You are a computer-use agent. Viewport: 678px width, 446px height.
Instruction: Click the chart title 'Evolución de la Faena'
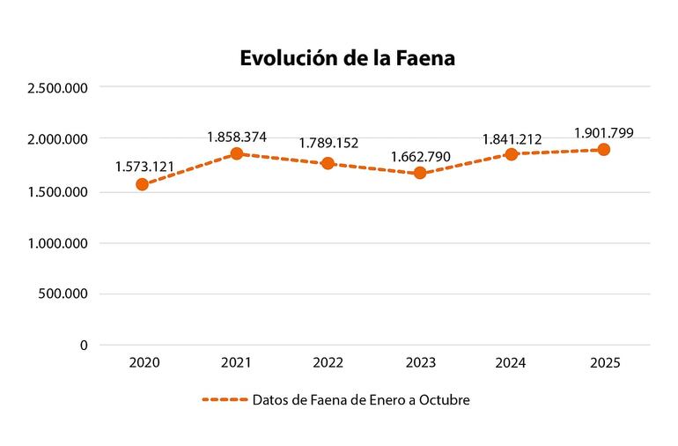pos(347,58)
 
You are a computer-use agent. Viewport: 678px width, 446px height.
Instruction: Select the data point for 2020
pos(142,184)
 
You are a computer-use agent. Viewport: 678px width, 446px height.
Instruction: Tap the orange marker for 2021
pos(236,153)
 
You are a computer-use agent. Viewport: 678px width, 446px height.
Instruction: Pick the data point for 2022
pos(328,163)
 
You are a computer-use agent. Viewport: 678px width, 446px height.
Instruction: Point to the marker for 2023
pos(420,173)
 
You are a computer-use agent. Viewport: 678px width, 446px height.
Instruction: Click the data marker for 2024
pos(512,154)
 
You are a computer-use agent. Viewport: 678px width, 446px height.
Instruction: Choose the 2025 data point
pos(604,149)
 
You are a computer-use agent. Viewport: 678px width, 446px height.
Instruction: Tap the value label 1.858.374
pos(237,137)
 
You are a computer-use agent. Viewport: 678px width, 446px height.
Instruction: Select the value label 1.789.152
pos(328,143)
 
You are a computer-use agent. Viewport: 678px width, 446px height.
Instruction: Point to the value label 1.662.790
pos(421,157)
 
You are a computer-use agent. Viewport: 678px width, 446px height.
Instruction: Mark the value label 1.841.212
pos(512,138)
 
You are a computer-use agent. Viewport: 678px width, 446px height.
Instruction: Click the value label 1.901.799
pos(604,133)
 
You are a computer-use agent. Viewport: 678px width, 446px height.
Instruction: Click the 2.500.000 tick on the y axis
pos(58,87)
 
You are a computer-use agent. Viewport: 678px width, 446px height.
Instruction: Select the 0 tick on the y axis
pos(84,346)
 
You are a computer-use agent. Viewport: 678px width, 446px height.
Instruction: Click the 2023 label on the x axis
pos(420,363)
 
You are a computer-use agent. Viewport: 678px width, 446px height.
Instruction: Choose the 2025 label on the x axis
pos(604,363)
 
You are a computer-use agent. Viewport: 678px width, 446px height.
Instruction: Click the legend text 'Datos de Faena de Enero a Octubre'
pos(361,400)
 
